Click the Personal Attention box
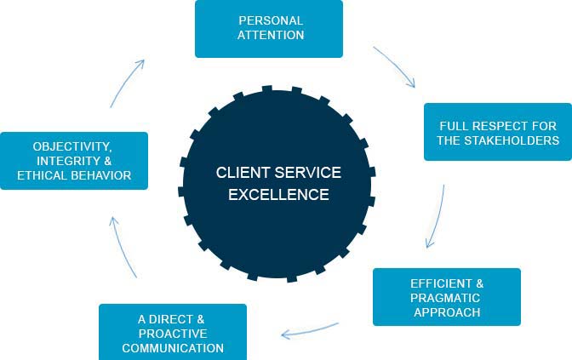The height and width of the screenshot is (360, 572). point(269,28)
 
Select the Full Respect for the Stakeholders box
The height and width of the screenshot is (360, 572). point(498,132)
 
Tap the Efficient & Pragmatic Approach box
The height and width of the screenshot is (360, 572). point(446,297)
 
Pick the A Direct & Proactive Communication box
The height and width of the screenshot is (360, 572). point(173,333)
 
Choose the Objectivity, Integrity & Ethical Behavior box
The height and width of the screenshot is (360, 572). point(74,161)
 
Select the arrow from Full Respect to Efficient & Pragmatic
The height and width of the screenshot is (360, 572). point(438,215)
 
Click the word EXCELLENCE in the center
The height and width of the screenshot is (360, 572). point(278,195)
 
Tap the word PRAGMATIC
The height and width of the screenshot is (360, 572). point(446,297)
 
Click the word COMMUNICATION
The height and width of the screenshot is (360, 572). point(173,348)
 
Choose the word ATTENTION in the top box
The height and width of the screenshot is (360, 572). point(271,35)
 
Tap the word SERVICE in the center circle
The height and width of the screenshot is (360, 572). point(304,173)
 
